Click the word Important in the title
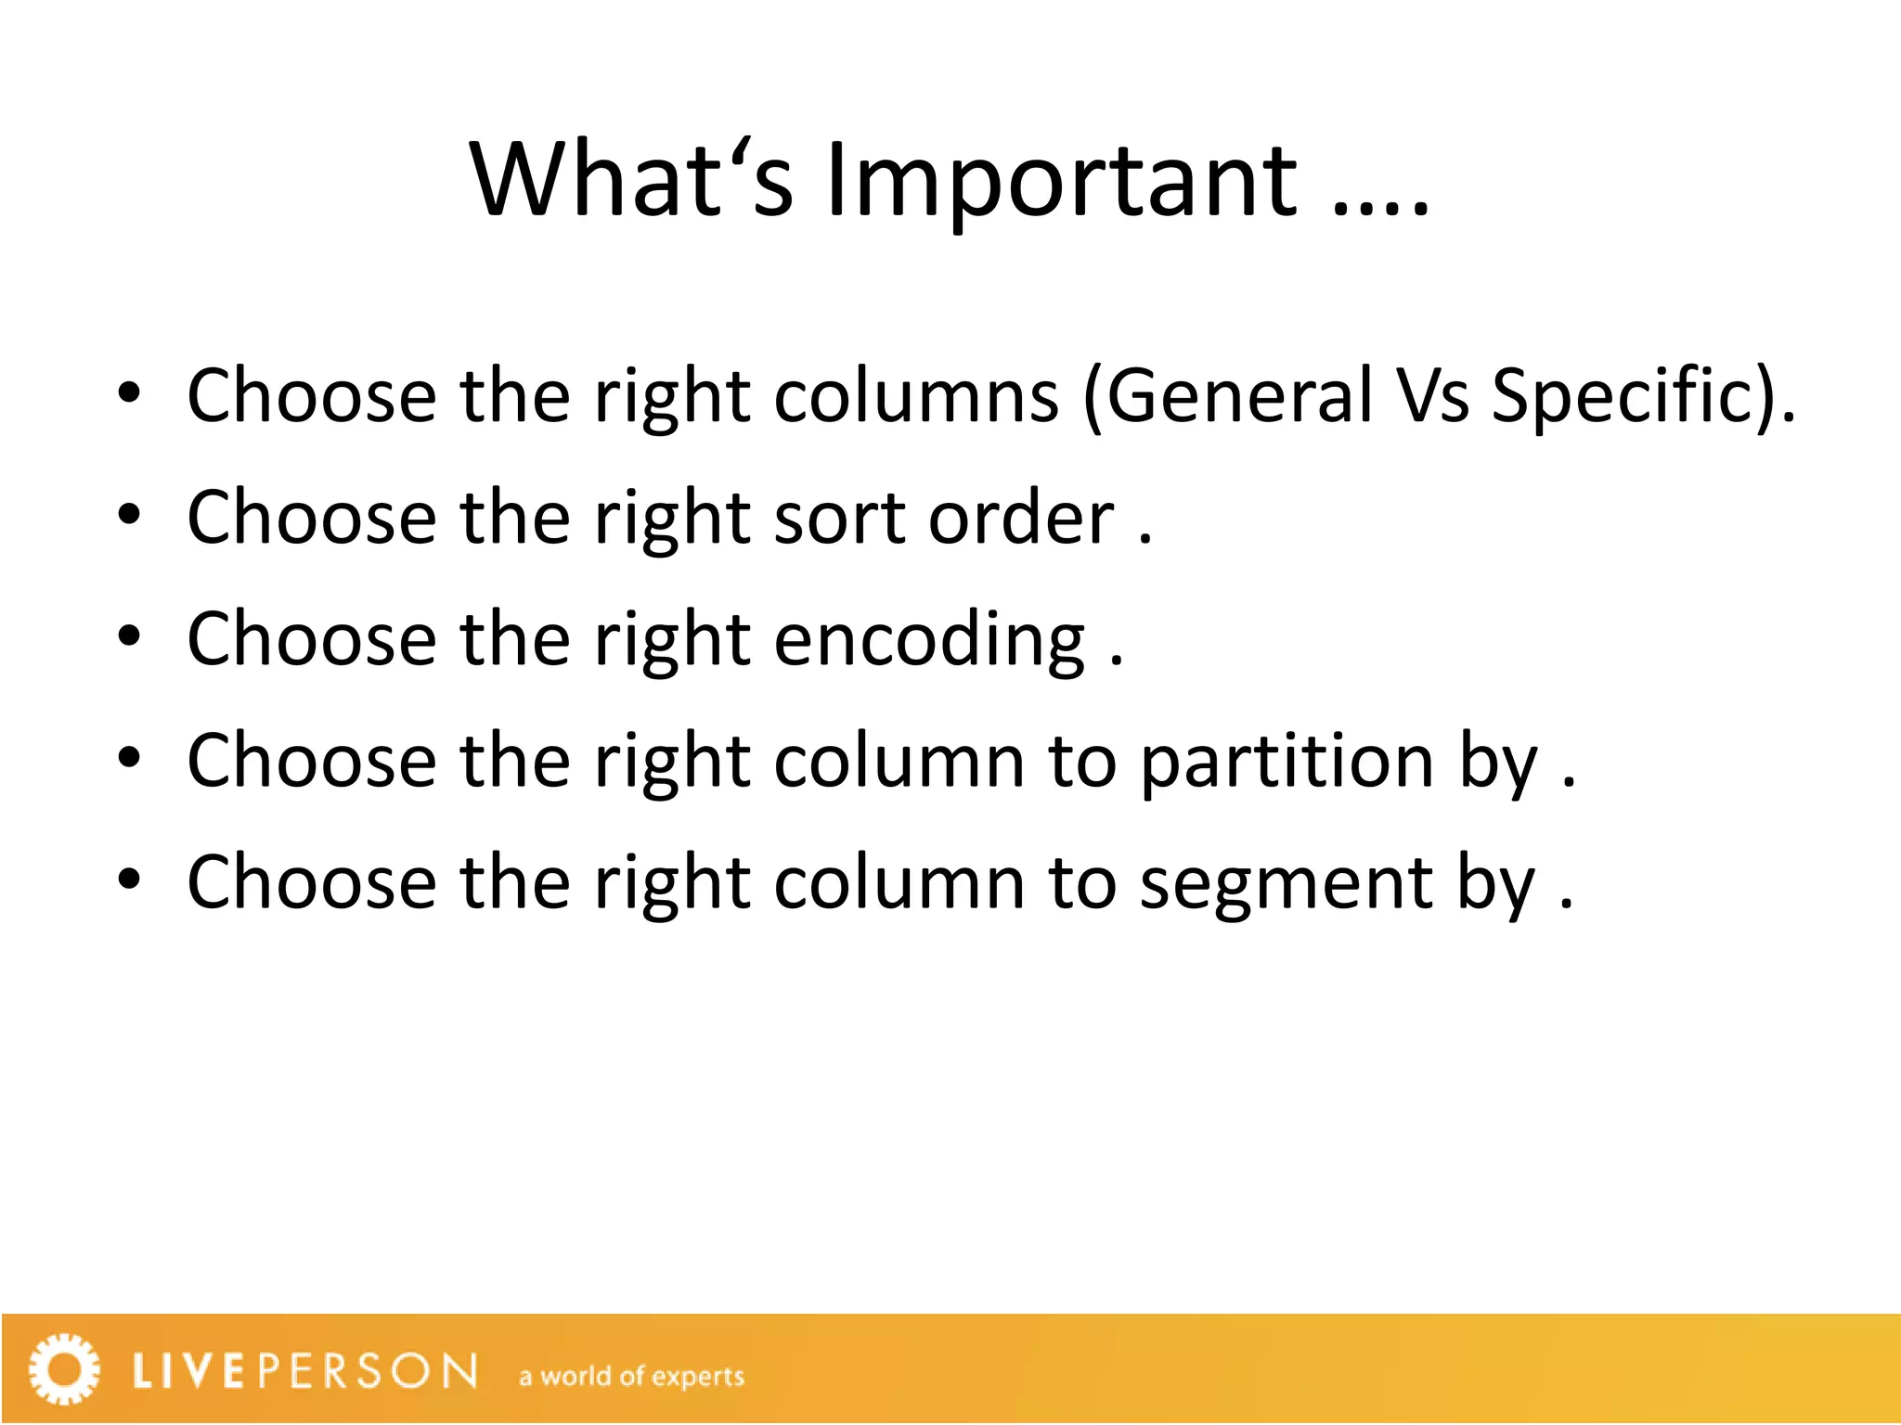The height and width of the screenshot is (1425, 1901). [x=1061, y=182]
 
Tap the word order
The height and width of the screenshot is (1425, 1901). [x=1021, y=518]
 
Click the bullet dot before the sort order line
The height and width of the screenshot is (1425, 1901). [x=129, y=516]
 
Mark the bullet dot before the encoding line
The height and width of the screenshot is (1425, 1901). [x=129, y=637]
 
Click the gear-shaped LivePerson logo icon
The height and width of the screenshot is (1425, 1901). [x=64, y=1369]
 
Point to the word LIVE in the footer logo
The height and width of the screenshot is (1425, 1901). [x=189, y=1371]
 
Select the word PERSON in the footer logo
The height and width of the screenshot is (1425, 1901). [x=368, y=1371]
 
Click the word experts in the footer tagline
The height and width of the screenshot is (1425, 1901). [x=698, y=1377]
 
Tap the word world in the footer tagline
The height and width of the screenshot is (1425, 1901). [x=576, y=1376]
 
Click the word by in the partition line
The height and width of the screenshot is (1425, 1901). [x=1497, y=765]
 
